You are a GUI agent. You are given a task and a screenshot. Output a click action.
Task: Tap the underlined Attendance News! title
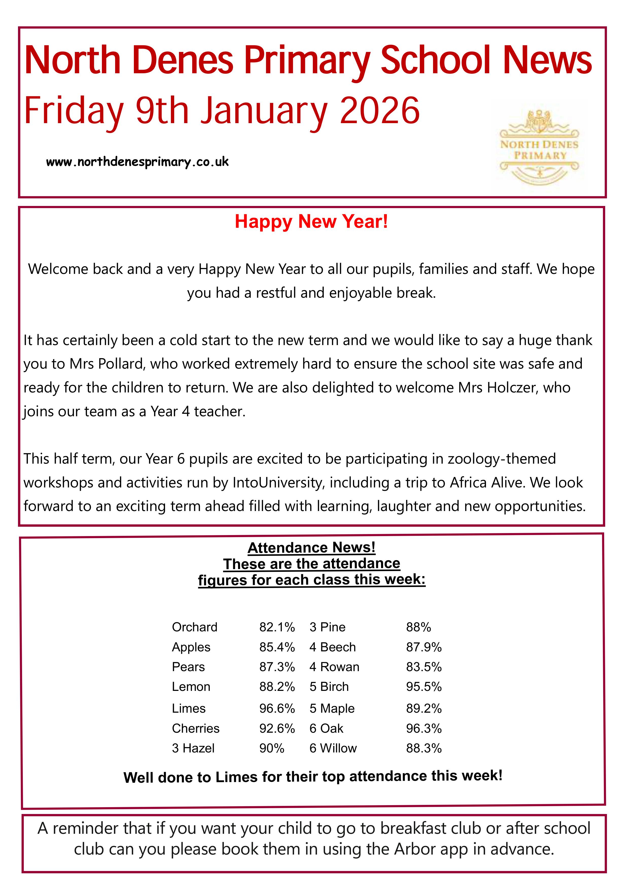pyautogui.click(x=311, y=547)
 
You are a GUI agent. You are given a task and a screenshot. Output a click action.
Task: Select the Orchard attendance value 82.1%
pyautogui.click(x=277, y=627)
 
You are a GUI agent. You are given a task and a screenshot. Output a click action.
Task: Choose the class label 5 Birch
pyautogui.click(x=329, y=687)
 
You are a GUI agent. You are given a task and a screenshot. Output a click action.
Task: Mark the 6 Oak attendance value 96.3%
pyautogui.click(x=424, y=728)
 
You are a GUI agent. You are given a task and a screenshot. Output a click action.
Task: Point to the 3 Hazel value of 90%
pyautogui.click(x=272, y=748)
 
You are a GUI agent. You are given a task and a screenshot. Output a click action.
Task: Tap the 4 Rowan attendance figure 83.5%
pyautogui.click(x=424, y=667)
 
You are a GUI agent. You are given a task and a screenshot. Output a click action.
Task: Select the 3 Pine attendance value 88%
pyautogui.click(x=418, y=627)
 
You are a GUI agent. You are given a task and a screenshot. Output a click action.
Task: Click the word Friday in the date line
pyautogui.click(x=74, y=111)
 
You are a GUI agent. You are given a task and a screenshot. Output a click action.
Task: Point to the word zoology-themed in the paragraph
pyautogui.click(x=501, y=459)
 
